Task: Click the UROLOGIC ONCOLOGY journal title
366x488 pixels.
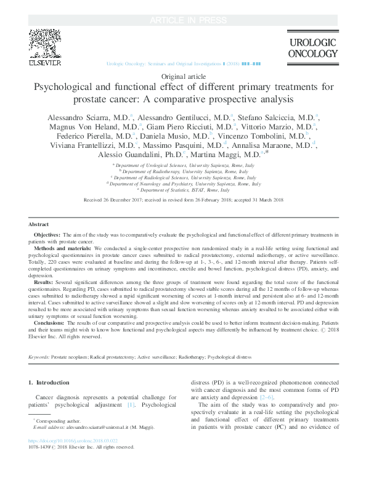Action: [313, 47]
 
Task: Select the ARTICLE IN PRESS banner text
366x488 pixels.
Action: [183, 6]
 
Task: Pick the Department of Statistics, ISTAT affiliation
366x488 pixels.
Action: [183, 190]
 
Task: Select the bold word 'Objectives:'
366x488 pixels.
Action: [47, 235]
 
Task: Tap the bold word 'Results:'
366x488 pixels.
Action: [43, 282]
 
